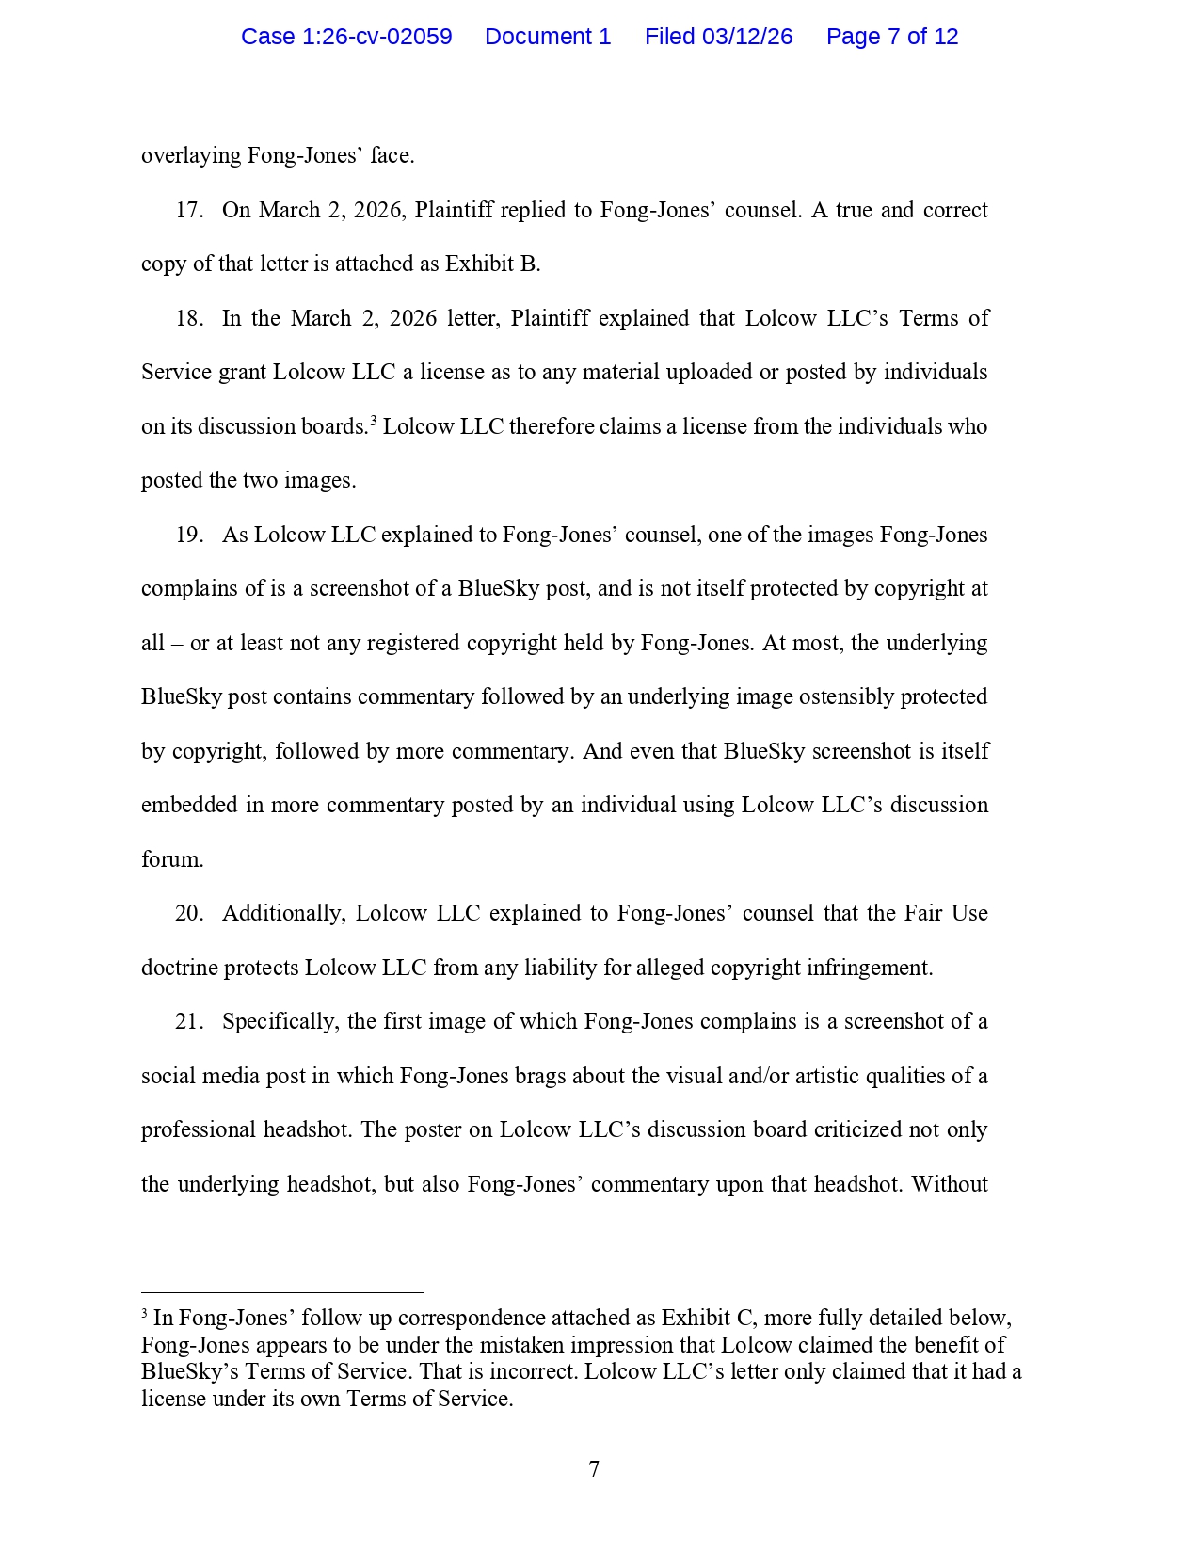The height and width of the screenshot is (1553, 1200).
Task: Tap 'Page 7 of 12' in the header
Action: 892,37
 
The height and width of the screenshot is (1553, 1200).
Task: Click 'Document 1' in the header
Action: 548,37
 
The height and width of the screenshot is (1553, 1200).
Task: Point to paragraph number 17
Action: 188,210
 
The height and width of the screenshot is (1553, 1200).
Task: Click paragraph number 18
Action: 188,318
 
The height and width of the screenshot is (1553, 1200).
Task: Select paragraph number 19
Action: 188,535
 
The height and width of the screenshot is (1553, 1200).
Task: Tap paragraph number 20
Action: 188,913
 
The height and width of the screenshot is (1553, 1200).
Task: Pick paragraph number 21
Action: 188,1021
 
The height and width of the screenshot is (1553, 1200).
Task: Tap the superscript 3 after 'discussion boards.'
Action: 374,421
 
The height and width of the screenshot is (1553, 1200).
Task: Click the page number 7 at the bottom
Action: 594,1469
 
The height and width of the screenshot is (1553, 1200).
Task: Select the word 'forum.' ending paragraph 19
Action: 172,859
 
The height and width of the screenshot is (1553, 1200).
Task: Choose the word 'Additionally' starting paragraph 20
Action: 284,913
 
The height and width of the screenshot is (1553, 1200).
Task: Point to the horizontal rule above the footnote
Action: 282,1293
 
